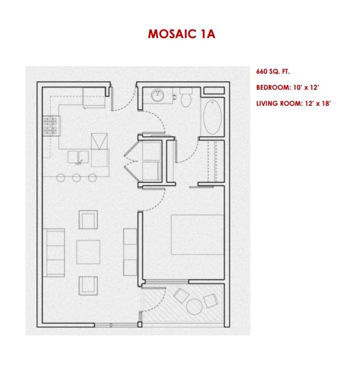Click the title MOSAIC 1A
coord(181,34)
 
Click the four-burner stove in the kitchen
coord(51,126)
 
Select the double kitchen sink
coord(78,157)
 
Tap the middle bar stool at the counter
coord(76,177)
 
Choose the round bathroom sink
coord(159,95)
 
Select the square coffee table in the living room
coord(88,252)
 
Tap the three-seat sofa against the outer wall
coord(54,252)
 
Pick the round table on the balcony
coord(194,305)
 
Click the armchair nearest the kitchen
coord(88,220)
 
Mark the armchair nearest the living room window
coord(88,285)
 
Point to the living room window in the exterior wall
coord(111,325)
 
